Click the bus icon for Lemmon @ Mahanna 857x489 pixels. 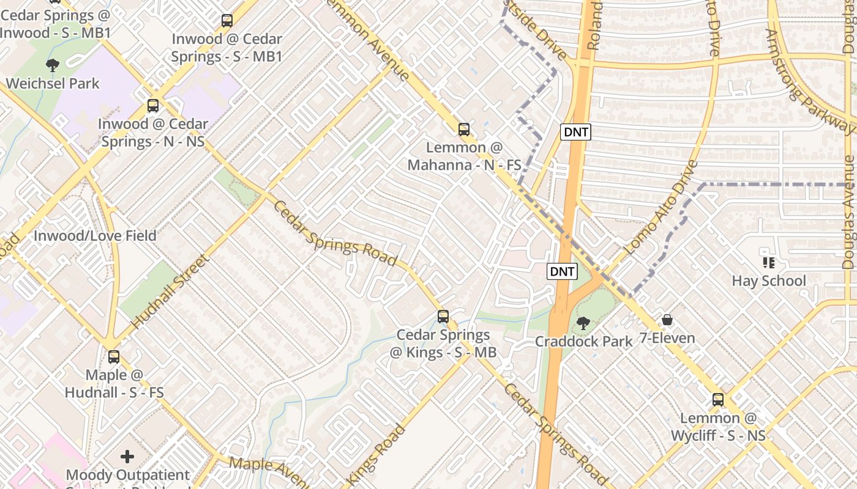click(464, 130)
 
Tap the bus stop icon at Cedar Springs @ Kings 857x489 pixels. click(443, 317)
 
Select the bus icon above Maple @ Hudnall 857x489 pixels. click(114, 357)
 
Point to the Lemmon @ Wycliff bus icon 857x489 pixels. click(718, 400)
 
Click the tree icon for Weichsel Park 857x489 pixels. click(53, 65)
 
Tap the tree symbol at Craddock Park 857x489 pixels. click(583, 323)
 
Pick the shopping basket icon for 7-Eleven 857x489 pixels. click(667, 320)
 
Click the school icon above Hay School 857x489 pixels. click(769, 263)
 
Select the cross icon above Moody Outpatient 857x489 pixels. click(127, 457)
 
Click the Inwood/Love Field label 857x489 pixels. click(95, 236)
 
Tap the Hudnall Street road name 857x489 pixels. click(170, 291)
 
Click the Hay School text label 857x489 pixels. click(769, 281)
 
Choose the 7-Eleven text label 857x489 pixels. click(667, 338)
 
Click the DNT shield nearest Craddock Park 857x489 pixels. click(562, 271)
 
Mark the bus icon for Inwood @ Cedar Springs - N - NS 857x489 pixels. click(153, 106)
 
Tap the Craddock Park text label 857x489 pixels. click(583, 341)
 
